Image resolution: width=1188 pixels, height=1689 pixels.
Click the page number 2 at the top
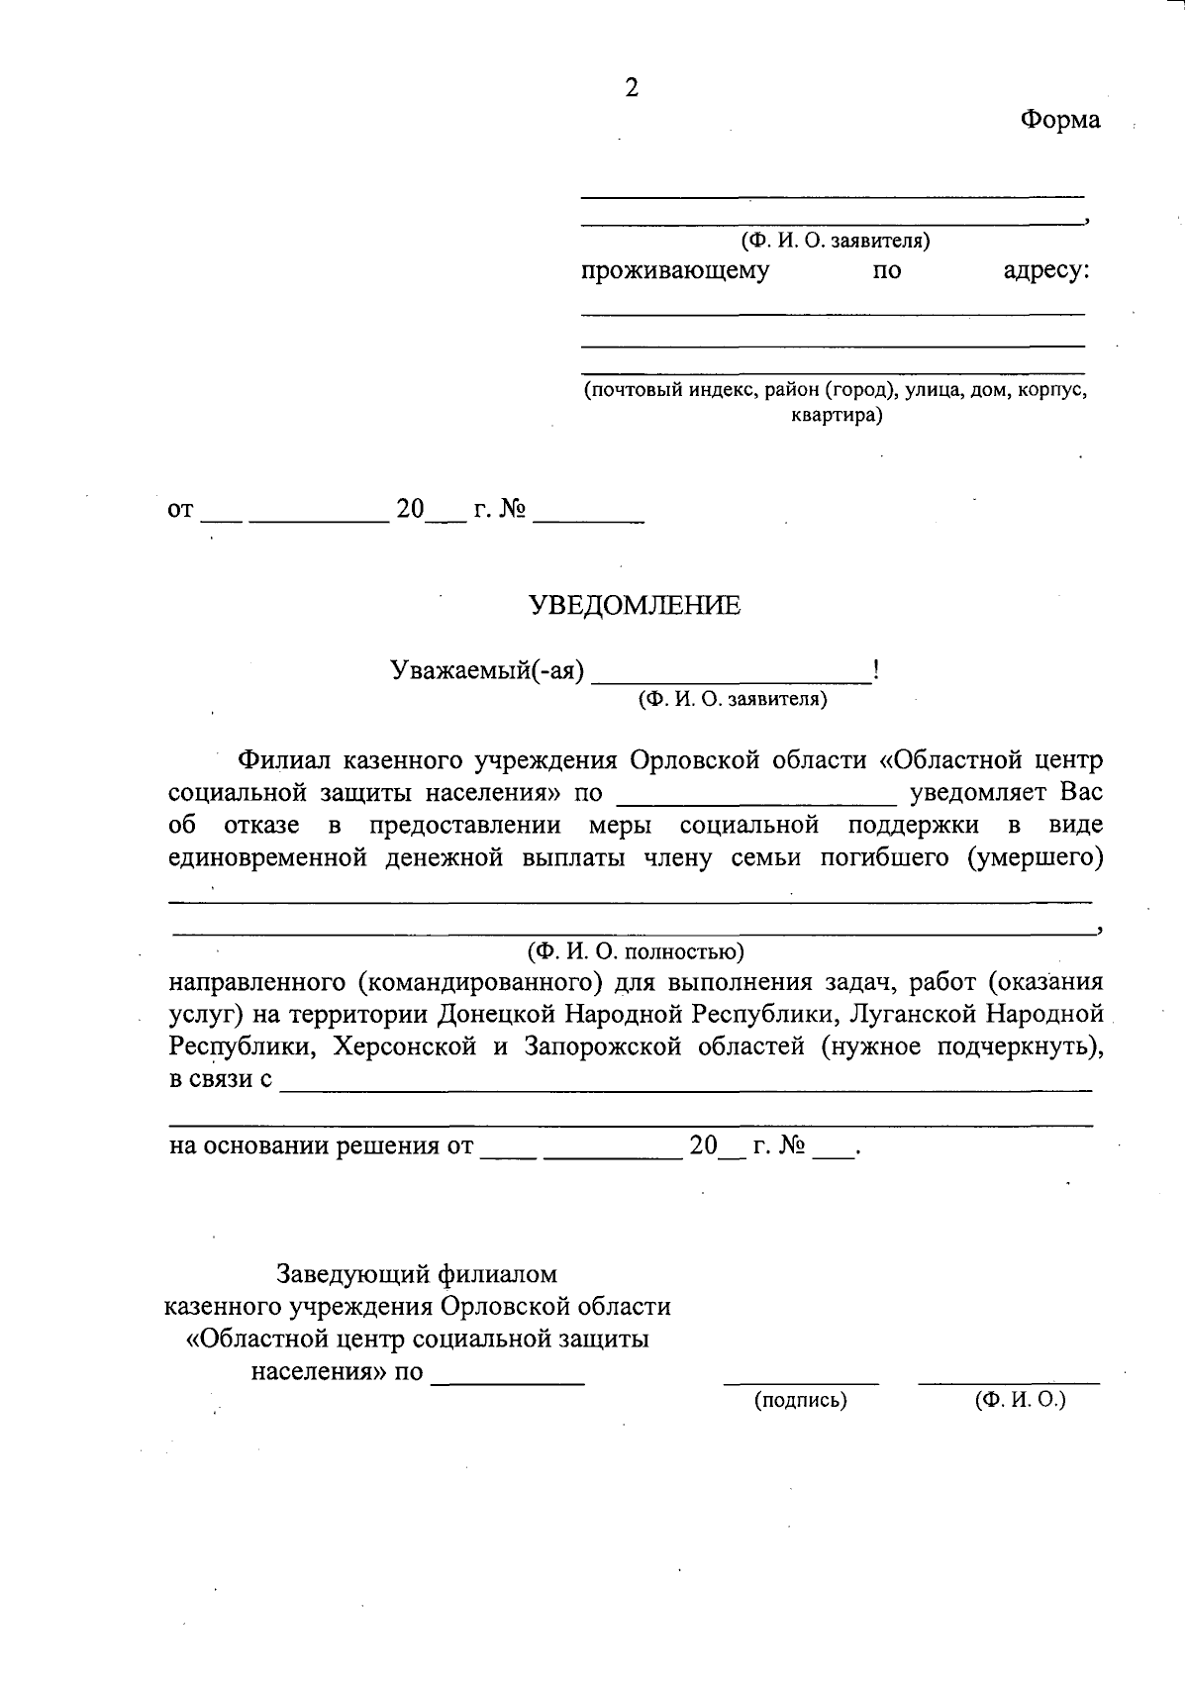coord(632,88)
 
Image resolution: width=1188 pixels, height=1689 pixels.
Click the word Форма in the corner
coord(1060,121)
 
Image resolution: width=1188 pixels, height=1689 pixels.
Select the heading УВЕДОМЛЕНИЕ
coord(635,606)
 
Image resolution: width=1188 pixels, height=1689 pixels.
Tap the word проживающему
coord(675,270)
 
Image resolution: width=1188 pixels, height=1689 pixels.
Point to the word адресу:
coord(1046,270)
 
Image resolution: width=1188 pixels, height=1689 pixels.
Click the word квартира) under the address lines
coord(836,415)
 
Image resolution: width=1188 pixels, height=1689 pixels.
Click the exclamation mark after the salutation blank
coord(876,670)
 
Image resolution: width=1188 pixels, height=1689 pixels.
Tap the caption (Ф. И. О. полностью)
coord(635,952)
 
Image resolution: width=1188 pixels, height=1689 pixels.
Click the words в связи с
coord(221,1079)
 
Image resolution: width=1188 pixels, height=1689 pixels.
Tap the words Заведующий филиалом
coord(417,1273)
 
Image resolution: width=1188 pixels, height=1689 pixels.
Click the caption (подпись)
coord(801,1400)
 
